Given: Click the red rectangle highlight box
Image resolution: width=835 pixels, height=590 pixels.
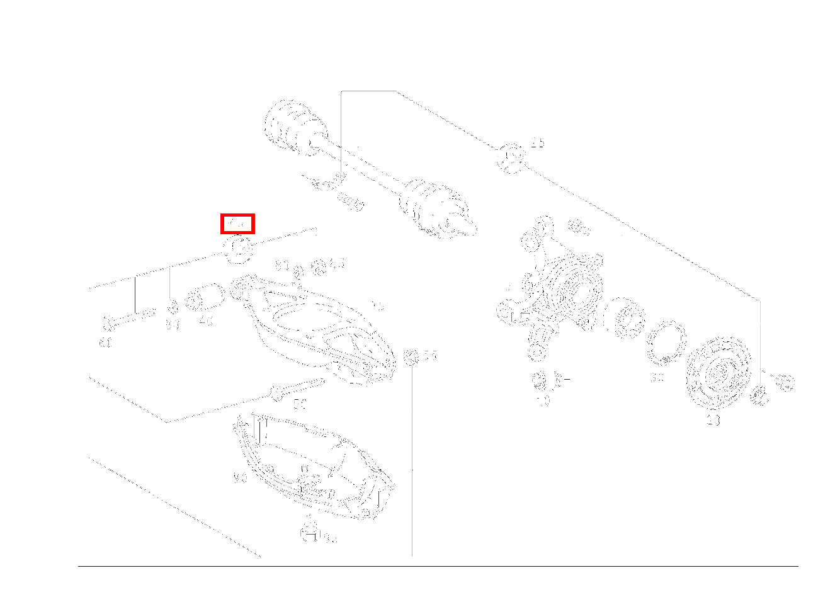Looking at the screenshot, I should coord(237,224).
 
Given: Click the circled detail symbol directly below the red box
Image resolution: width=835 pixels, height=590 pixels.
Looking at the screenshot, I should coord(238,247).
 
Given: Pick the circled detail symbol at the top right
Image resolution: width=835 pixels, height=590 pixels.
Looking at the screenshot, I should coord(511,158).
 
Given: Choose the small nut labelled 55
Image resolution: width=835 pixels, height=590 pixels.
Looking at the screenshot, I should coord(411,357).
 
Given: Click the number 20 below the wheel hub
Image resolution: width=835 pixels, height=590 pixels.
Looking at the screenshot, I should coord(713,419).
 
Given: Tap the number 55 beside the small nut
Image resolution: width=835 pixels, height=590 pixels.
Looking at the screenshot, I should coord(430,356).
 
